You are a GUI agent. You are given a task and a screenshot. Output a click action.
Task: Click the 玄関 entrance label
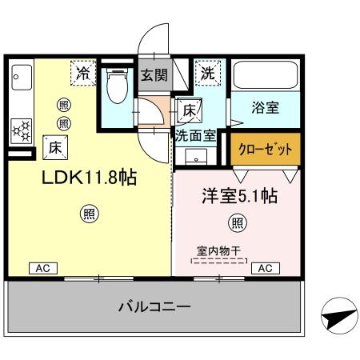154,77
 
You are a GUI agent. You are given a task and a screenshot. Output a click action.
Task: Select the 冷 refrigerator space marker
83,73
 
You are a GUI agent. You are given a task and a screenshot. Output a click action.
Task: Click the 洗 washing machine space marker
207,73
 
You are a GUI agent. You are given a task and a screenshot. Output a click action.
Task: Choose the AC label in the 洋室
265,268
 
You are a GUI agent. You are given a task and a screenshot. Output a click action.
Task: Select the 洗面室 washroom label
196,135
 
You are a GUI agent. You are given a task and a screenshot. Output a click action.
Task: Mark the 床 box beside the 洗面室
190,110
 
